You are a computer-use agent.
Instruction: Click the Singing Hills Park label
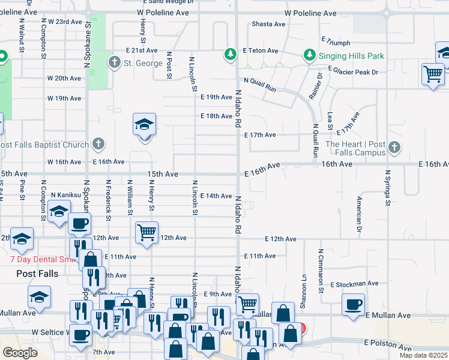[x=351, y=56]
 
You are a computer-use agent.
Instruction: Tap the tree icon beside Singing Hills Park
[x=310, y=56]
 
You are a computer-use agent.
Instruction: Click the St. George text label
[x=143, y=63]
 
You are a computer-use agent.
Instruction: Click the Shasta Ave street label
[x=268, y=24]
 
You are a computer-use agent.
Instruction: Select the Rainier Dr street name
[x=319, y=84]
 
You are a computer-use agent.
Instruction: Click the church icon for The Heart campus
[x=394, y=147]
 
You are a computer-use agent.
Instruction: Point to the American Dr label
[x=360, y=214]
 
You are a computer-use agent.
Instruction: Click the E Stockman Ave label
[x=355, y=283]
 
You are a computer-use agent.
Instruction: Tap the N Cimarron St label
[x=321, y=271]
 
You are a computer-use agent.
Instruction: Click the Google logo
[x=20, y=353]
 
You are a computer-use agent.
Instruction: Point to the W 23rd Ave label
[x=65, y=22]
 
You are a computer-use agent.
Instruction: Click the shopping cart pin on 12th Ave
[x=147, y=232]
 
